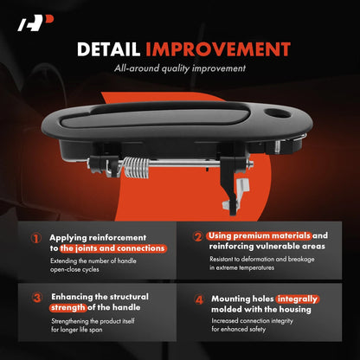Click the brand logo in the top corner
(x=35, y=23)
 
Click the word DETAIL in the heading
(x=108, y=49)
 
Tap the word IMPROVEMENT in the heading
(x=218, y=49)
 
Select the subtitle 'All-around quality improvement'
(x=180, y=68)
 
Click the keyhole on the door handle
(x=277, y=112)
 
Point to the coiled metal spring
(x=136, y=167)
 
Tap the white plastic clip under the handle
(x=236, y=193)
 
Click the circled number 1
(x=36, y=238)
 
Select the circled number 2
(x=198, y=236)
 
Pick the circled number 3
(x=37, y=298)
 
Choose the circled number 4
(x=199, y=299)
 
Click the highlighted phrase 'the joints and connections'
(x=113, y=248)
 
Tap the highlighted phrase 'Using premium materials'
(x=259, y=236)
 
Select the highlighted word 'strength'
(x=68, y=308)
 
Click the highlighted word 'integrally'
(x=297, y=299)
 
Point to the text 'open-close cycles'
(x=74, y=270)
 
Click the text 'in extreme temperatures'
(x=241, y=267)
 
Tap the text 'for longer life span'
(x=77, y=330)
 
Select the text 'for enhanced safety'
(x=239, y=329)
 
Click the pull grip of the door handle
(x=155, y=117)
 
